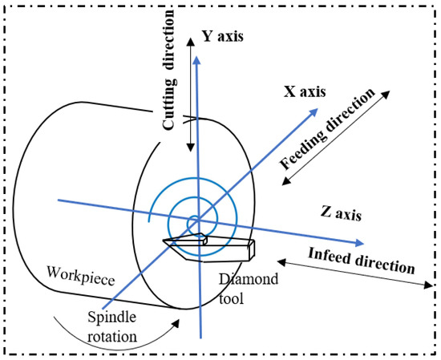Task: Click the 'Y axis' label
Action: (221, 36)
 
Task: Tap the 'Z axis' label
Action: (340, 214)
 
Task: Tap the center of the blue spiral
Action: (193, 221)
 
